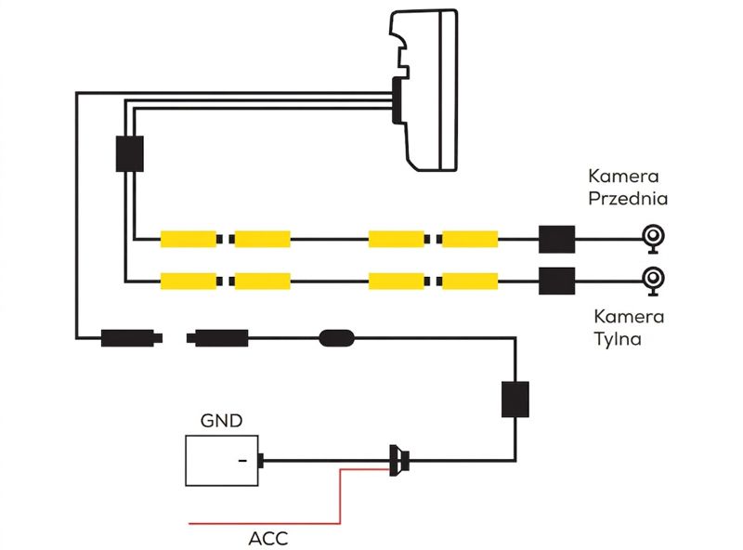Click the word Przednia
[x=628, y=198]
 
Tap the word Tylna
[x=618, y=339]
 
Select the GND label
[x=221, y=421]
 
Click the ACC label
[x=267, y=539]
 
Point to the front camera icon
[x=653, y=238]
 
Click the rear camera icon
[x=653, y=281]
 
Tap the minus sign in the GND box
[x=242, y=461]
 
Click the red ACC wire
[x=340, y=496]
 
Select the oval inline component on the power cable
[x=337, y=338]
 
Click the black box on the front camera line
[x=556, y=240]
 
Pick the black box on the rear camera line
[x=556, y=282]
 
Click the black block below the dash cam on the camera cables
[x=130, y=154]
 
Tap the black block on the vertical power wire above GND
[x=515, y=399]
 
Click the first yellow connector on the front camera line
[x=189, y=239]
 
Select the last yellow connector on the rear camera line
[x=470, y=282]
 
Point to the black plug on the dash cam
[x=398, y=101]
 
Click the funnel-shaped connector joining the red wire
[x=399, y=461]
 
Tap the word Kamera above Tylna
[x=629, y=316]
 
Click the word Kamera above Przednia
[x=623, y=177]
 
